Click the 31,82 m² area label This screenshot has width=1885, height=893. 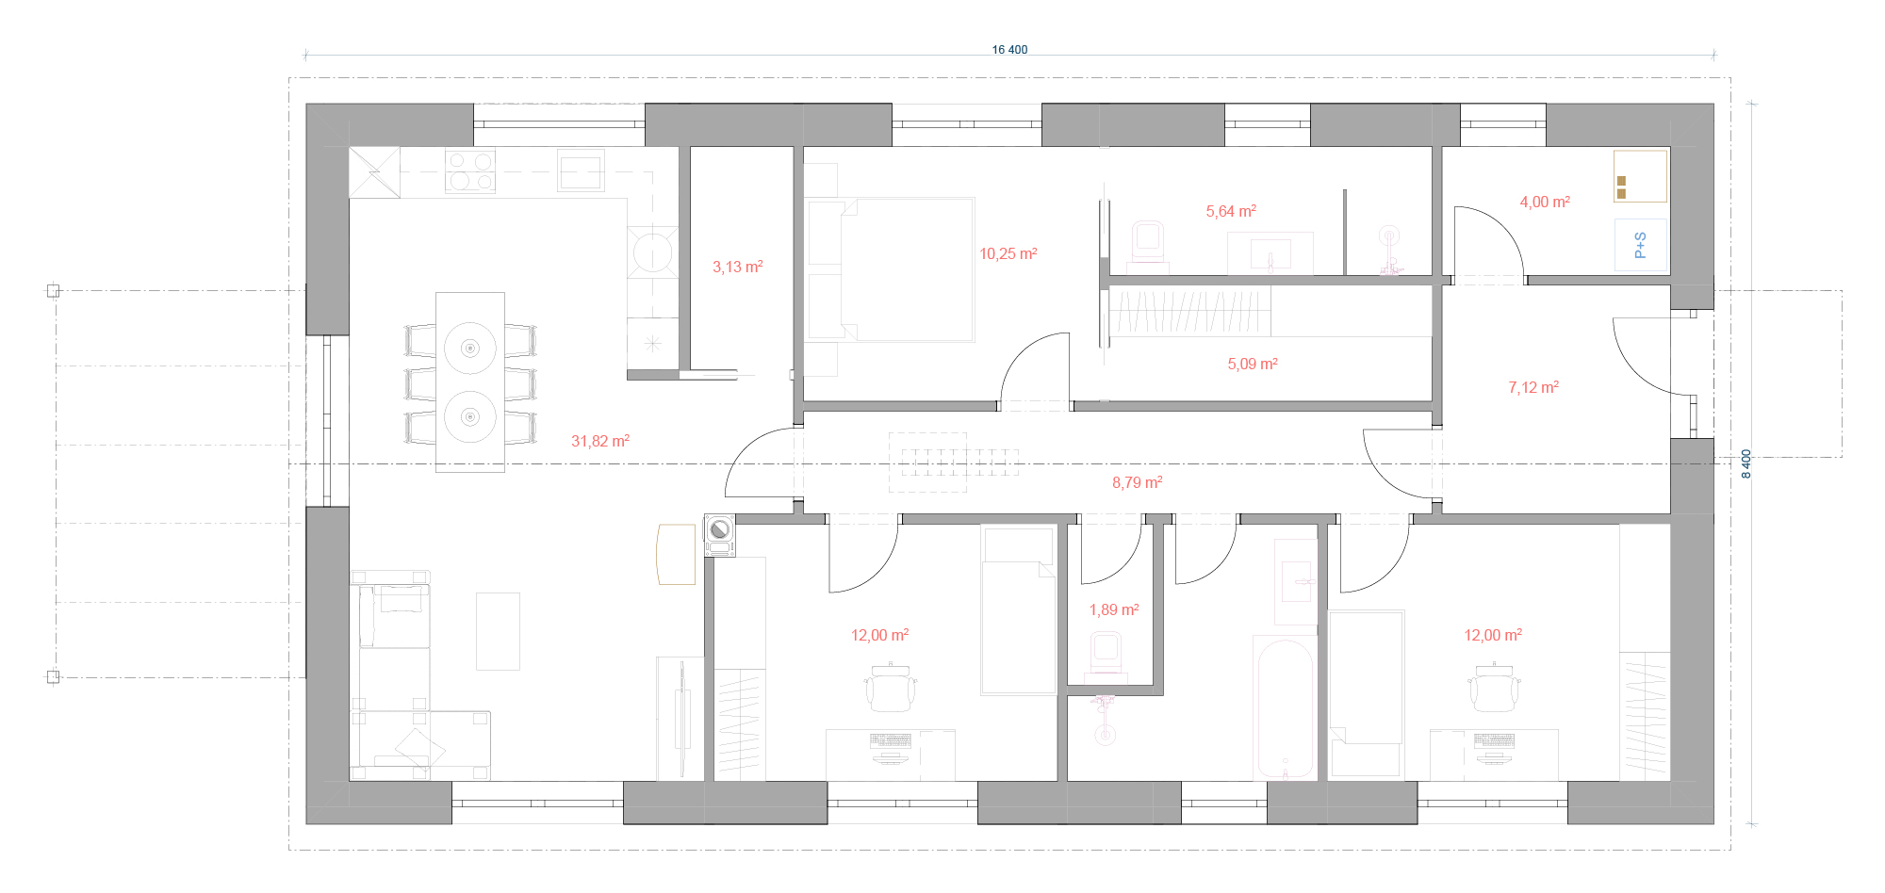pos(600,441)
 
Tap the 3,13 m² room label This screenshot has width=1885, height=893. pos(738,267)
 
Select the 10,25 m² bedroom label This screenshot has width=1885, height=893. pos(1008,253)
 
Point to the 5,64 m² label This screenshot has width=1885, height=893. pos(1231,211)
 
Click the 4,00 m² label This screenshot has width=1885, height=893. pos(1545,202)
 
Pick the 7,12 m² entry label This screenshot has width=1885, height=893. pos(1533,387)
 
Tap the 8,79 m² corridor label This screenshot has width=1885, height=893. pos(1137,482)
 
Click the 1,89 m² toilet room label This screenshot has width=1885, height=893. pos(1114,609)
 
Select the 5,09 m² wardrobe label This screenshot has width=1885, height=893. pos(1253,364)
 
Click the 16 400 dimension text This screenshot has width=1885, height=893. pos(1009,50)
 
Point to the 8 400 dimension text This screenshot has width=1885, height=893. pos(1746,463)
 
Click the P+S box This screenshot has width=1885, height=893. pos(1640,245)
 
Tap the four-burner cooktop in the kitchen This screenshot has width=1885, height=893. pos(469,171)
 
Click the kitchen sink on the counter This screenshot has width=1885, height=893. pos(581,170)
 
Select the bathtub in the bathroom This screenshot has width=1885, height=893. pos(1285,707)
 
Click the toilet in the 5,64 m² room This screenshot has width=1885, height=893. pos(1147,243)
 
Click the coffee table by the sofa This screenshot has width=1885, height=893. pos(498,631)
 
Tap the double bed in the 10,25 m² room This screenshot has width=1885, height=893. pos(891,269)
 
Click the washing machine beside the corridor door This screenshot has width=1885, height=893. pos(720,535)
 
